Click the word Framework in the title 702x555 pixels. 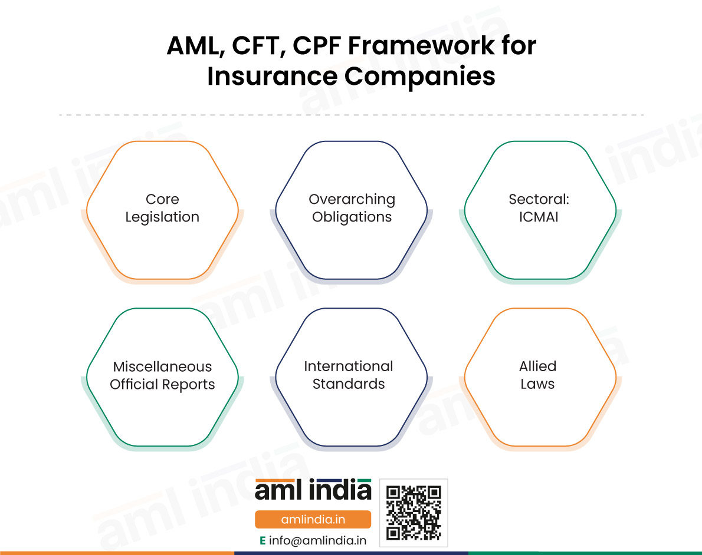(x=422, y=45)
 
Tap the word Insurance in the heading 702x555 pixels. (x=272, y=75)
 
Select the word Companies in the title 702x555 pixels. (x=420, y=77)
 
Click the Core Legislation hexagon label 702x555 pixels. (x=162, y=208)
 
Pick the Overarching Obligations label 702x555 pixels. (x=352, y=208)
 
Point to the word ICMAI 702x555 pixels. (x=539, y=217)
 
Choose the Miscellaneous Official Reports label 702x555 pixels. (x=162, y=376)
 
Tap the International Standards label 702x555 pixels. (x=349, y=375)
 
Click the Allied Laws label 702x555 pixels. (x=537, y=375)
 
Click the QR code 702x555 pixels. (x=414, y=513)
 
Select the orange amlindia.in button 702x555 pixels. (x=313, y=519)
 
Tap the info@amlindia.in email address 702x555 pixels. (x=317, y=541)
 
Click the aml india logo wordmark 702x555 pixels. (x=313, y=490)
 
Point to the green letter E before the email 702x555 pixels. (x=263, y=541)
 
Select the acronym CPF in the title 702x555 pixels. (x=317, y=45)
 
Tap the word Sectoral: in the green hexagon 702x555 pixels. (x=539, y=199)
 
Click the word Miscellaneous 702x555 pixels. (x=162, y=366)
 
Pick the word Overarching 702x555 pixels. (x=352, y=200)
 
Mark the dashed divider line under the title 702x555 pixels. (x=352, y=115)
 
